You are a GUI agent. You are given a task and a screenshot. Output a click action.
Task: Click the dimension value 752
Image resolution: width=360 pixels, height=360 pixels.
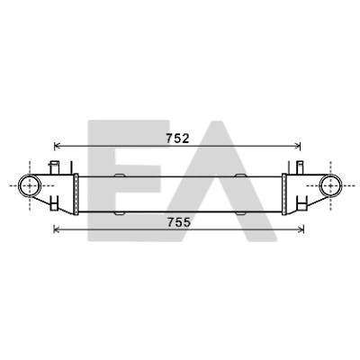[177, 139]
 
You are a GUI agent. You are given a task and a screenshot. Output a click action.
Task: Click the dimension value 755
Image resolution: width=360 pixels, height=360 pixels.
[179, 222]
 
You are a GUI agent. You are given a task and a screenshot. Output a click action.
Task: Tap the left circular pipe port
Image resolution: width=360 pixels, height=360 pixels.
[30, 185]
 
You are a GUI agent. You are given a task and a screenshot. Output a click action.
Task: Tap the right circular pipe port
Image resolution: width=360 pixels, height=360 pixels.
[330, 185]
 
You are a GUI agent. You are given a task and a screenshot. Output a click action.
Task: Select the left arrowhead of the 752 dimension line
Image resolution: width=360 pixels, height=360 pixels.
[57, 147]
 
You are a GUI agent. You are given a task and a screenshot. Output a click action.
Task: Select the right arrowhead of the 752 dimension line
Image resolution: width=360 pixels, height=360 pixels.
[298, 147]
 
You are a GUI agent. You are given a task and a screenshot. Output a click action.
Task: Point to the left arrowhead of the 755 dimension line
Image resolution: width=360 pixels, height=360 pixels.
[57, 229]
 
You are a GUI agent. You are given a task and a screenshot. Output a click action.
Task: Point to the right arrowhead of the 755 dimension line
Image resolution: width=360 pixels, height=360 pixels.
[301, 229]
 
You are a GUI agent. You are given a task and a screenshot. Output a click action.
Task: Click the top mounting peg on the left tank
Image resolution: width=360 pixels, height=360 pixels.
[54, 167]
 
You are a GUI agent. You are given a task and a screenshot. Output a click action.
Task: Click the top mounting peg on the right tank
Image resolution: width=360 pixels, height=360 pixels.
[300, 167]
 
